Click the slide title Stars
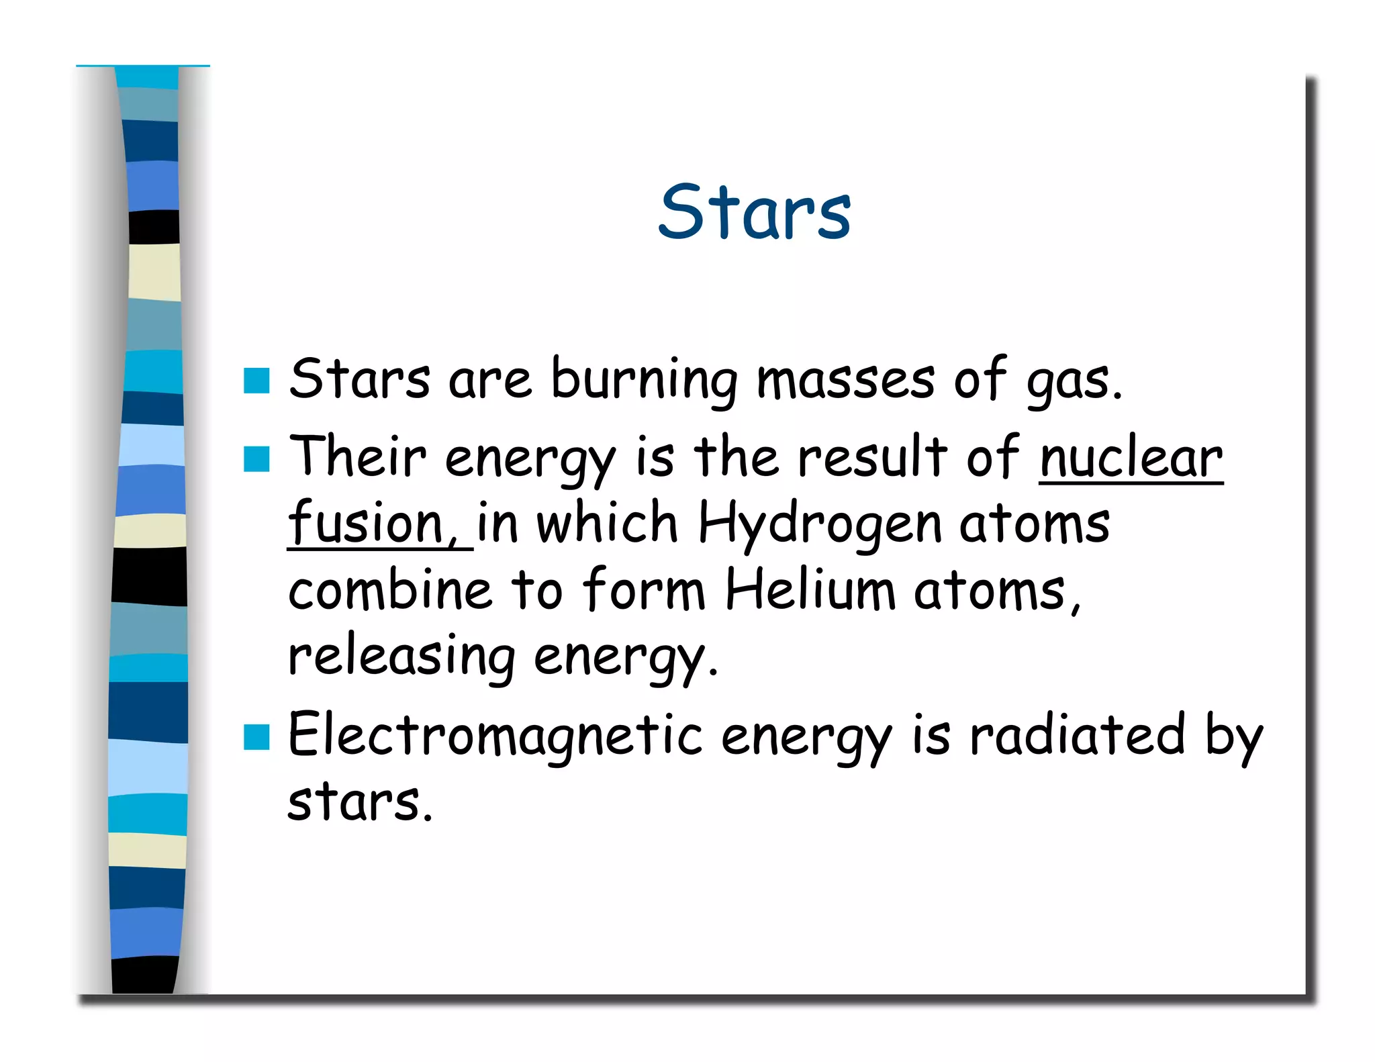pyautogui.click(x=754, y=212)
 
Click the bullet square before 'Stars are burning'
pyautogui.click(x=256, y=381)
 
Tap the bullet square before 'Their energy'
pyautogui.click(x=256, y=460)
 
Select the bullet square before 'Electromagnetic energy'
pyautogui.click(x=256, y=736)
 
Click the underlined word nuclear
pyautogui.click(x=1131, y=458)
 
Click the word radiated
pyautogui.click(x=1077, y=735)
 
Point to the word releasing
pyautogui.click(x=401, y=658)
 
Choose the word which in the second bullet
pyautogui.click(x=607, y=524)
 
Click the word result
pyautogui.click(x=872, y=458)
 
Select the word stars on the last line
pyautogui.click(x=360, y=802)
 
